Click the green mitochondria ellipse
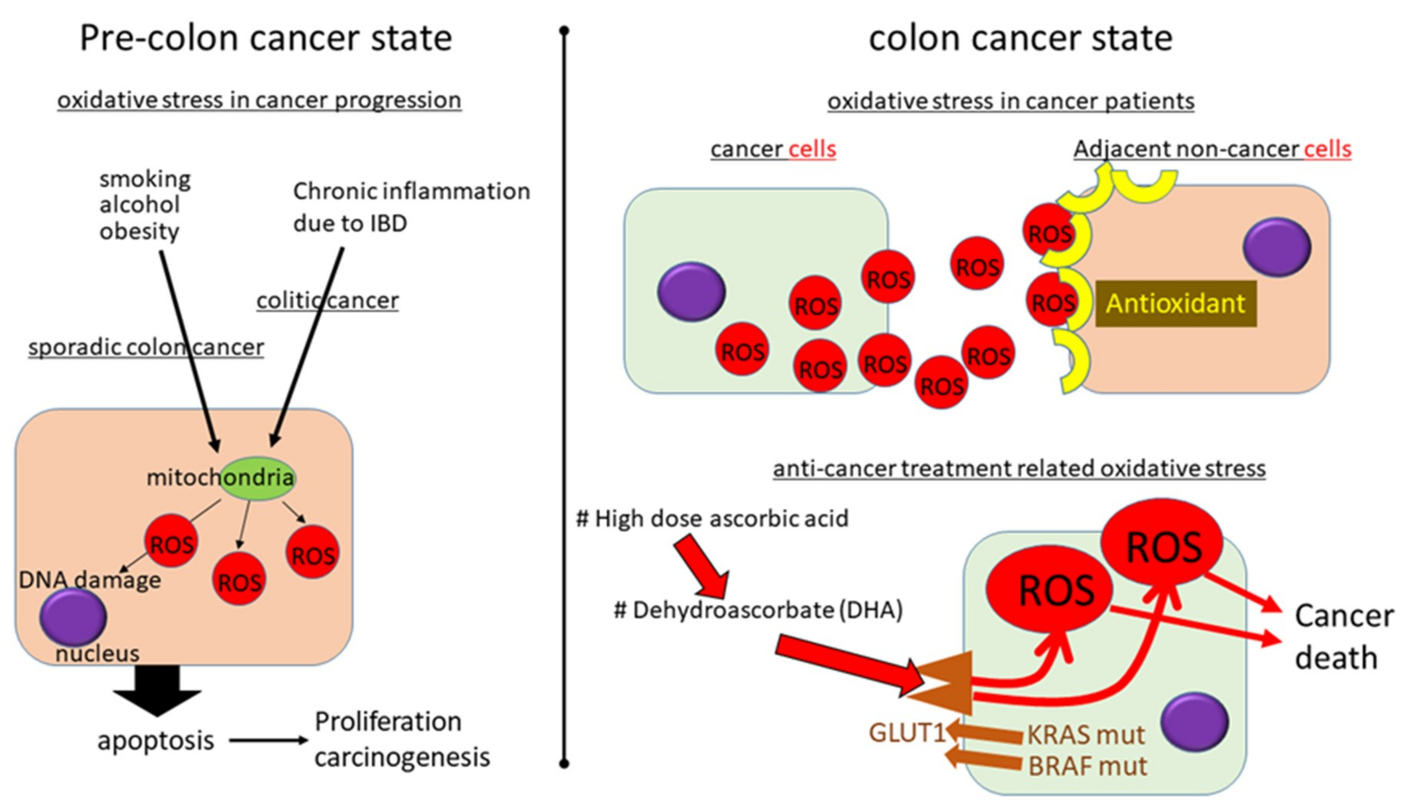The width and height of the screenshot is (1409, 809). (x=258, y=478)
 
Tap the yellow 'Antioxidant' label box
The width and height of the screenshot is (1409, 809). (x=1175, y=303)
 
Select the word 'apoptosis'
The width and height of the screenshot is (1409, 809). (x=155, y=740)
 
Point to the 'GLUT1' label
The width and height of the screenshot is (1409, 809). (x=906, y=733)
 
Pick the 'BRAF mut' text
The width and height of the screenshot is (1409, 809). (x=1087, y=766)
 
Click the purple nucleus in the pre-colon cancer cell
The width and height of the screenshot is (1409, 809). (x=73, y=617)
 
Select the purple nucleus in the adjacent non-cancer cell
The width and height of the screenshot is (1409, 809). (x=1277, y=247)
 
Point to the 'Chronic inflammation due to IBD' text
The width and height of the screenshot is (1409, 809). (x=411, y=207)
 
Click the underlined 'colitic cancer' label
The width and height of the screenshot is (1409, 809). (x=327, y=300)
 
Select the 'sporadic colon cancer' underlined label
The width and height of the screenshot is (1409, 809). (x=146, y=347)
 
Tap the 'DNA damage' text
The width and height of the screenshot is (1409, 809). (x=90, y=580)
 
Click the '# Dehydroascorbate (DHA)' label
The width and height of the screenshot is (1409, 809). (x=757, y=610)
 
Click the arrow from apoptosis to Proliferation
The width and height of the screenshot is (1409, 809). (x=268, y=740)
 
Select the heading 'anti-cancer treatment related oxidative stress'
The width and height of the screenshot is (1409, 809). (x=1019, y=468)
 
